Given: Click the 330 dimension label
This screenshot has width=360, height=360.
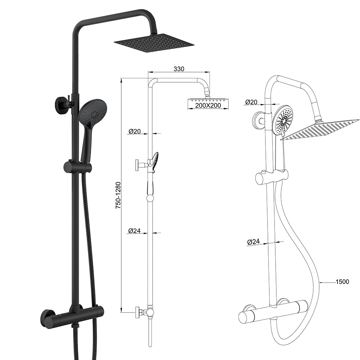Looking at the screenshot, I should pyautogui.click(x=179, y=69).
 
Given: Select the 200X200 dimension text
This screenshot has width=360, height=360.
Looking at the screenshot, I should pyautogui.click(x=208, y=105).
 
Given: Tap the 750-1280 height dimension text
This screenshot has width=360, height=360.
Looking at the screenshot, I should pyautogui.click(x=118, y=195).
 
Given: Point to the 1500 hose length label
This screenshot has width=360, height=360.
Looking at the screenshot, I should pyautogui.click(x=342, y=282).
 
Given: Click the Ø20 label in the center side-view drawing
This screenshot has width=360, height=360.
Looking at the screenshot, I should pyautogui.click(x=135, y=131).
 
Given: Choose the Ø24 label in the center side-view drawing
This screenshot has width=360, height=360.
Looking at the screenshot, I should pyautogui.click(x=135, y=231).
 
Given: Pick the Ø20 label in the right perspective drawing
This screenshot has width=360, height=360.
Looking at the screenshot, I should pyautogui.click(x=251, y=102).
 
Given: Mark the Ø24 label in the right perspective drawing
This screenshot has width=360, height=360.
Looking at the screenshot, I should pyautogui.click(x=253, y=242).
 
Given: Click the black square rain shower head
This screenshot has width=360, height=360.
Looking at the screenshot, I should pyautogui.click(x=154, y=43).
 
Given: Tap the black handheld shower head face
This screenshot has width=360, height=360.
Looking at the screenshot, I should pyautogui.click(x=92, y=112).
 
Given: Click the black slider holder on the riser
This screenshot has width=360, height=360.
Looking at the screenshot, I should pyautogui.click(x=77, y=167).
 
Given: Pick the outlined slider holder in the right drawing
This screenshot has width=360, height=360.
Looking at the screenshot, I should pyautogui.click(x=271, y=176).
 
